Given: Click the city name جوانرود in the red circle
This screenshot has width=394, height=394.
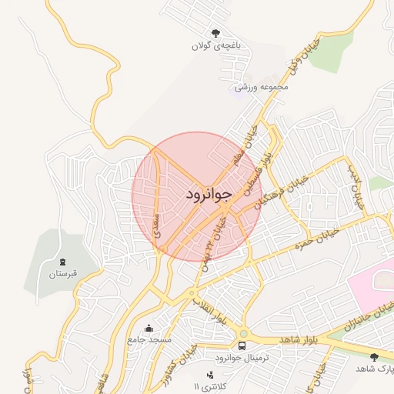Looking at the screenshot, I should pyautogui.click(x=208, y=195).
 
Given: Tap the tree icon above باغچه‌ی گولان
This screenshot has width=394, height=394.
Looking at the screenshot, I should pyautogui.click(x=215, y=32).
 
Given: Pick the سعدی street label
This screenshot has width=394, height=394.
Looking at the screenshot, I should pyautogui.click(x=158, y=227).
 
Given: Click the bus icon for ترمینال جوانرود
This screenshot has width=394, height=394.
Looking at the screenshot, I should pyautogui.click(x=242, y=345).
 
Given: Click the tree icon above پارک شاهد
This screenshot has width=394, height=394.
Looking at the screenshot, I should pyautogui.click(x=375, y=356).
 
